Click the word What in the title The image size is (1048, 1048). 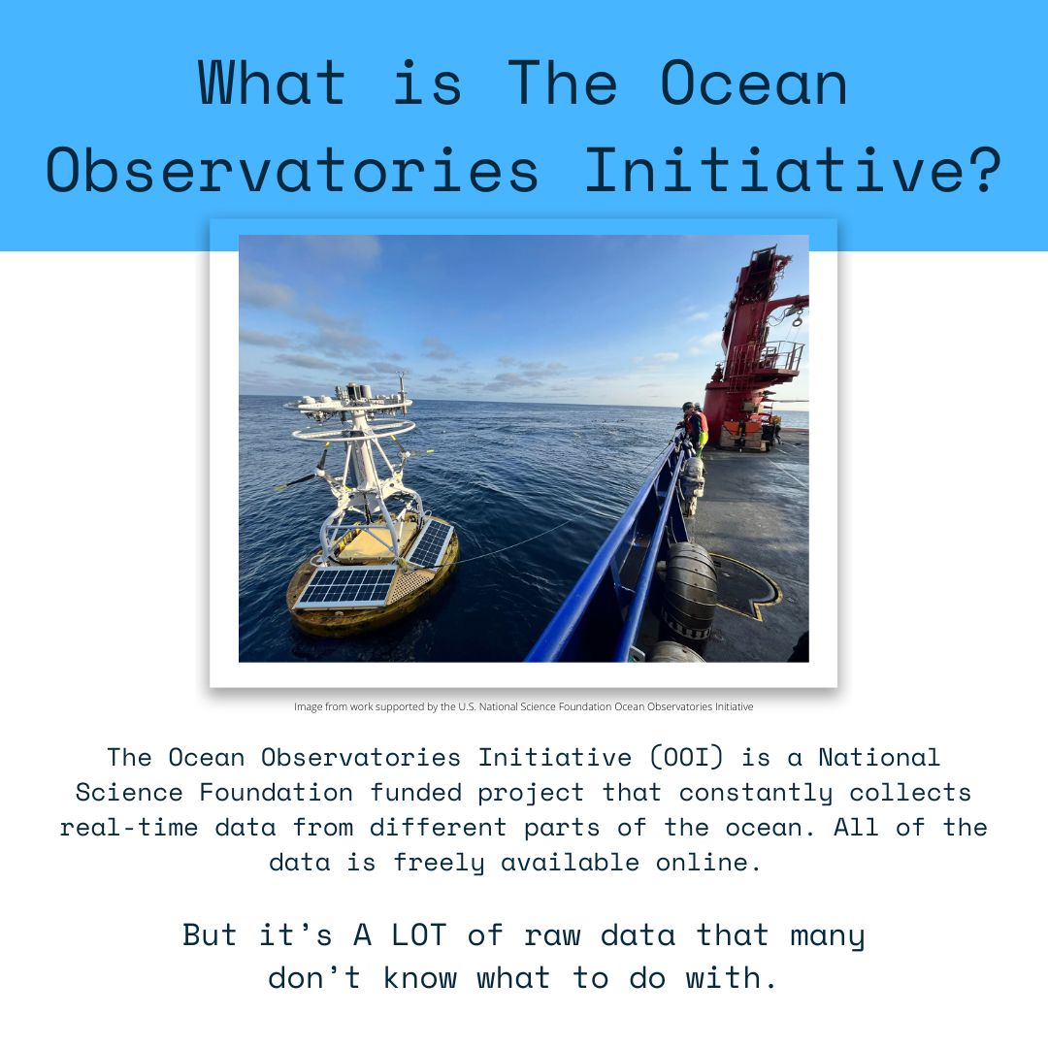click(272, 82)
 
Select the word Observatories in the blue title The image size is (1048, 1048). click(291, 170)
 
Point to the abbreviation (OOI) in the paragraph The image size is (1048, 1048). click(687, 757)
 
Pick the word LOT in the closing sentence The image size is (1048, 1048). click(418, 934)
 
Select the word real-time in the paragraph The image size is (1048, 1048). click(129, 828)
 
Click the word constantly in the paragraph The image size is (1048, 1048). click(756, 793)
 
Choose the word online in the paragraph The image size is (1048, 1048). click(707, 863)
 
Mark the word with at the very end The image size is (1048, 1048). click(724, 978)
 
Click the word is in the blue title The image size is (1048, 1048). click(428, 82)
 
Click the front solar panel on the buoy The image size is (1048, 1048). click(347, 586)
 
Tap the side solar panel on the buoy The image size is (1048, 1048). click(431, 542)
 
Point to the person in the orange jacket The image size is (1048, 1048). click(696, 428)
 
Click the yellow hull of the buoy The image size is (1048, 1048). click(373, 588)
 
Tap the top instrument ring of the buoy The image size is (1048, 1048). click(349, 405)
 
